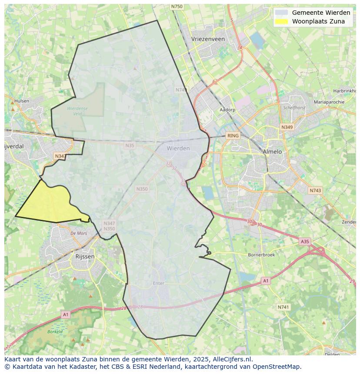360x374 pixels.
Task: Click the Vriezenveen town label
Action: [x=208, y=39]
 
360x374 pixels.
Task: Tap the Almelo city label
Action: [x=272, y=152]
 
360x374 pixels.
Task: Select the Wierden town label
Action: [x=178, y=148]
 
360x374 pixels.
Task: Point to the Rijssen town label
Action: [x=85, y=256]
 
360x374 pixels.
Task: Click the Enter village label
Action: [x=159, y=283]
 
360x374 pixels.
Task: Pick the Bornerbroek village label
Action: [x=261, y=255]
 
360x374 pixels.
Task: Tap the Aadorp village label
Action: [x=227, y=110]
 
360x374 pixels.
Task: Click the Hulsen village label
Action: [x=22, y=101]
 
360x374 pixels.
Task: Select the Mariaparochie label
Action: [x=329, y=102]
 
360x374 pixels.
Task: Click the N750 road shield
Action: [x=177, y=7]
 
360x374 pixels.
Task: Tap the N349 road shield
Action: [x=287, y=127]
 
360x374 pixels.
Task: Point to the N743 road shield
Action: [x=315, y=191]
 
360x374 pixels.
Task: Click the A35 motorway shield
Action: [x=305, y=241]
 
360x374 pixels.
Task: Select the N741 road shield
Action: [x=283, y=307]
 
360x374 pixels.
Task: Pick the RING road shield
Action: [x=233, y=136]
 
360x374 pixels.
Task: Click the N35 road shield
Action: [x=130, y=146]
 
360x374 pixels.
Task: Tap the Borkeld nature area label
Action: [x=55, y=331]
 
